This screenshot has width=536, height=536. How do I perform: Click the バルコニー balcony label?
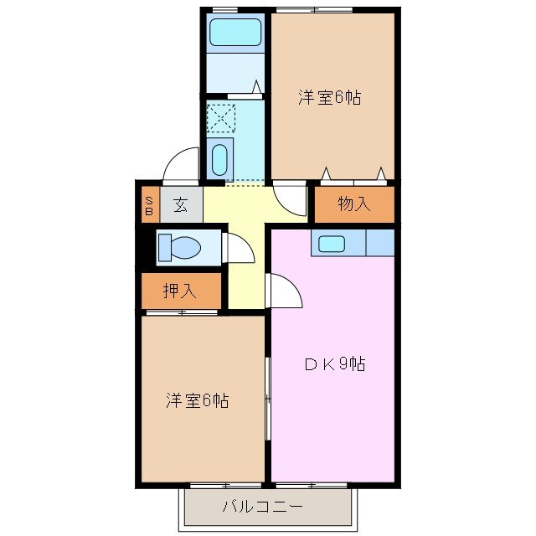262,507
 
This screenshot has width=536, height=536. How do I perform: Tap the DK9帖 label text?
334,364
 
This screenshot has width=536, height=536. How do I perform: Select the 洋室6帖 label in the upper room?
330,98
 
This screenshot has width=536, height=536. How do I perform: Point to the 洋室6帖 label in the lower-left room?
197,400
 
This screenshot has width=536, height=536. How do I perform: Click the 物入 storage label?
353,204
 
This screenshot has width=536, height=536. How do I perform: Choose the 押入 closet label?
179,291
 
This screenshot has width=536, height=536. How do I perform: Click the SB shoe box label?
149,204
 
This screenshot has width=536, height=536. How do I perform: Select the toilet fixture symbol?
179,248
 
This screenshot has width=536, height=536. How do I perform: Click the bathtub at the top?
235,33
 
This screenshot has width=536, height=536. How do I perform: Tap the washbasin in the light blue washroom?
220,158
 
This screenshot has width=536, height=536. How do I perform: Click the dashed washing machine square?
220,118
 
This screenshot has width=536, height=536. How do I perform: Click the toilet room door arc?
239,250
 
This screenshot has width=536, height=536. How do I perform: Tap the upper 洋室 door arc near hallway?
290,201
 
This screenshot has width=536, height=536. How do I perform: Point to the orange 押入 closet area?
181,291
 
